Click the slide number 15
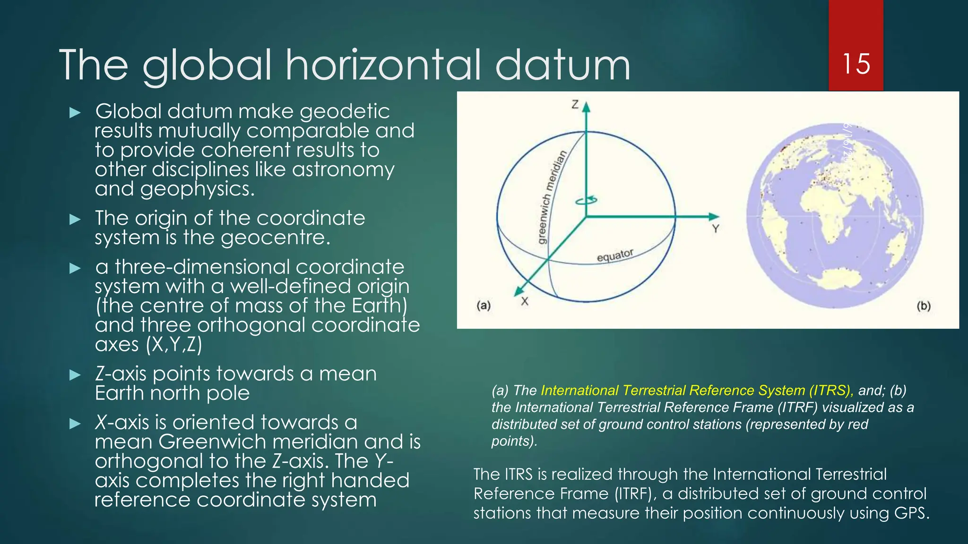[856, 64]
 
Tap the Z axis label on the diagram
[575, 104]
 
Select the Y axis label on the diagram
[716, 229]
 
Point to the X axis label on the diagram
[525, 301]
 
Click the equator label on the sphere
[615, 255]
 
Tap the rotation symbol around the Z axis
[586, 201]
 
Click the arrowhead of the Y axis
[714, 217]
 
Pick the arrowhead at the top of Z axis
[587, 107]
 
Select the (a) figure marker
[483, 306]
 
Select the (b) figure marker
[923, 306]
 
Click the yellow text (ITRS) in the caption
[831, 391]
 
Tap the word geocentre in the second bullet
[275, 238]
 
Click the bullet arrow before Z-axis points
[75, 375]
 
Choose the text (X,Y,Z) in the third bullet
[174, 344]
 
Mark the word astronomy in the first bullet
[343, 170]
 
